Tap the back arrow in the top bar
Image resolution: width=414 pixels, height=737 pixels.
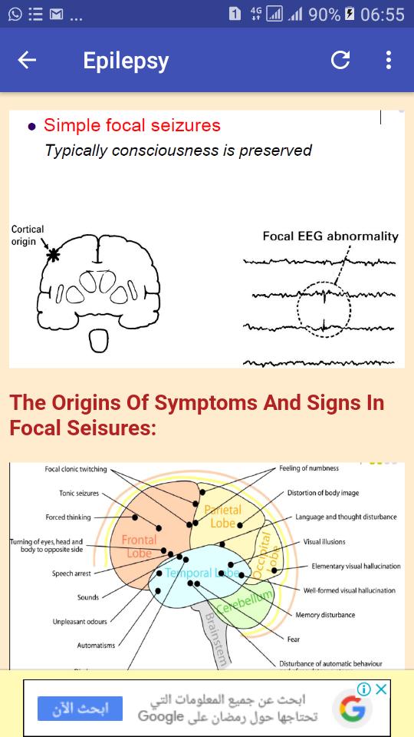pos(27,60)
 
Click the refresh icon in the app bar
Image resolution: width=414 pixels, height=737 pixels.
pos(340,60)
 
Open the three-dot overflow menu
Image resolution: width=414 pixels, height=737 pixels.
pos(388,60)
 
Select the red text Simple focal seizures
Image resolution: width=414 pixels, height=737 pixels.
pos(132,125)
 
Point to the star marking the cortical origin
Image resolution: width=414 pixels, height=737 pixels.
pos(54,255)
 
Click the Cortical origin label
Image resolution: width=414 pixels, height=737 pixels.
pos(28,235)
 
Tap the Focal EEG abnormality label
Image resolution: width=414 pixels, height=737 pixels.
pos(330,236)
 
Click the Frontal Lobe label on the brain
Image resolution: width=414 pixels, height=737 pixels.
pos(139,546)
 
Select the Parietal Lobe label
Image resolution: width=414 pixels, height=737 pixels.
pos(222,516)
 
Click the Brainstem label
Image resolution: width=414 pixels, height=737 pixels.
pos(216,640)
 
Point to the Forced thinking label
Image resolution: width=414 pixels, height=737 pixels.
pos(68,517)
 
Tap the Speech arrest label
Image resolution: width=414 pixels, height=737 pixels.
pos(71,573)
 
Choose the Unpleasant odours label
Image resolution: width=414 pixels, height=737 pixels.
pos(80,621)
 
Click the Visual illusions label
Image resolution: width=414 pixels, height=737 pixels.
pos(324,541)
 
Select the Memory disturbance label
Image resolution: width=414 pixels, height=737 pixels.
pos(325,615)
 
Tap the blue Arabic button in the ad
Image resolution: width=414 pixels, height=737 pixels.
pos(80,709)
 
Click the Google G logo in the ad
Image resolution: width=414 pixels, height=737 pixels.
pos(352,709)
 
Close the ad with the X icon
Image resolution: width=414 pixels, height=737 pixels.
pos(382,689)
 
